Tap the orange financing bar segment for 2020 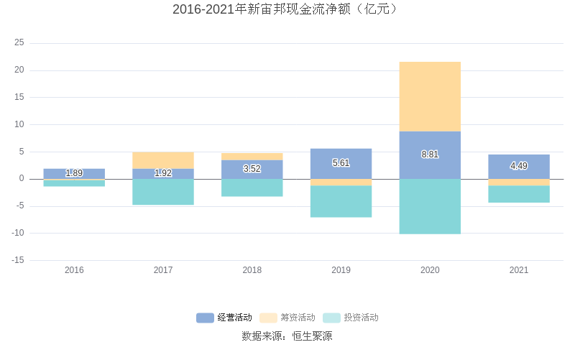[430, 96]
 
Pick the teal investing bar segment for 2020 [430, 206]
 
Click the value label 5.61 [341, 163]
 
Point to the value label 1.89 [74, 173]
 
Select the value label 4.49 [519, 166]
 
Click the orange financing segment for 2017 [163, 160]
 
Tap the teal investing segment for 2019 [341, 201]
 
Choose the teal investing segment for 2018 [252, 188]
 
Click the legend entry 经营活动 [224, 318]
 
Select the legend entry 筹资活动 [287, 318]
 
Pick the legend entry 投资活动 [351, 318]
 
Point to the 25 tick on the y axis [19, 43]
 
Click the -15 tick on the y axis [17, 260]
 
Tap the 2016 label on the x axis [74, 270]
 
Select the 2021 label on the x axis [519, 270]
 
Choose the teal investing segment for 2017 [163, 192]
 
